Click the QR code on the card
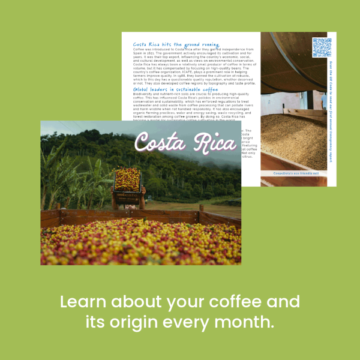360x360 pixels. (x=322, y=47)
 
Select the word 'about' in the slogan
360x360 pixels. (x=133, y=302)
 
